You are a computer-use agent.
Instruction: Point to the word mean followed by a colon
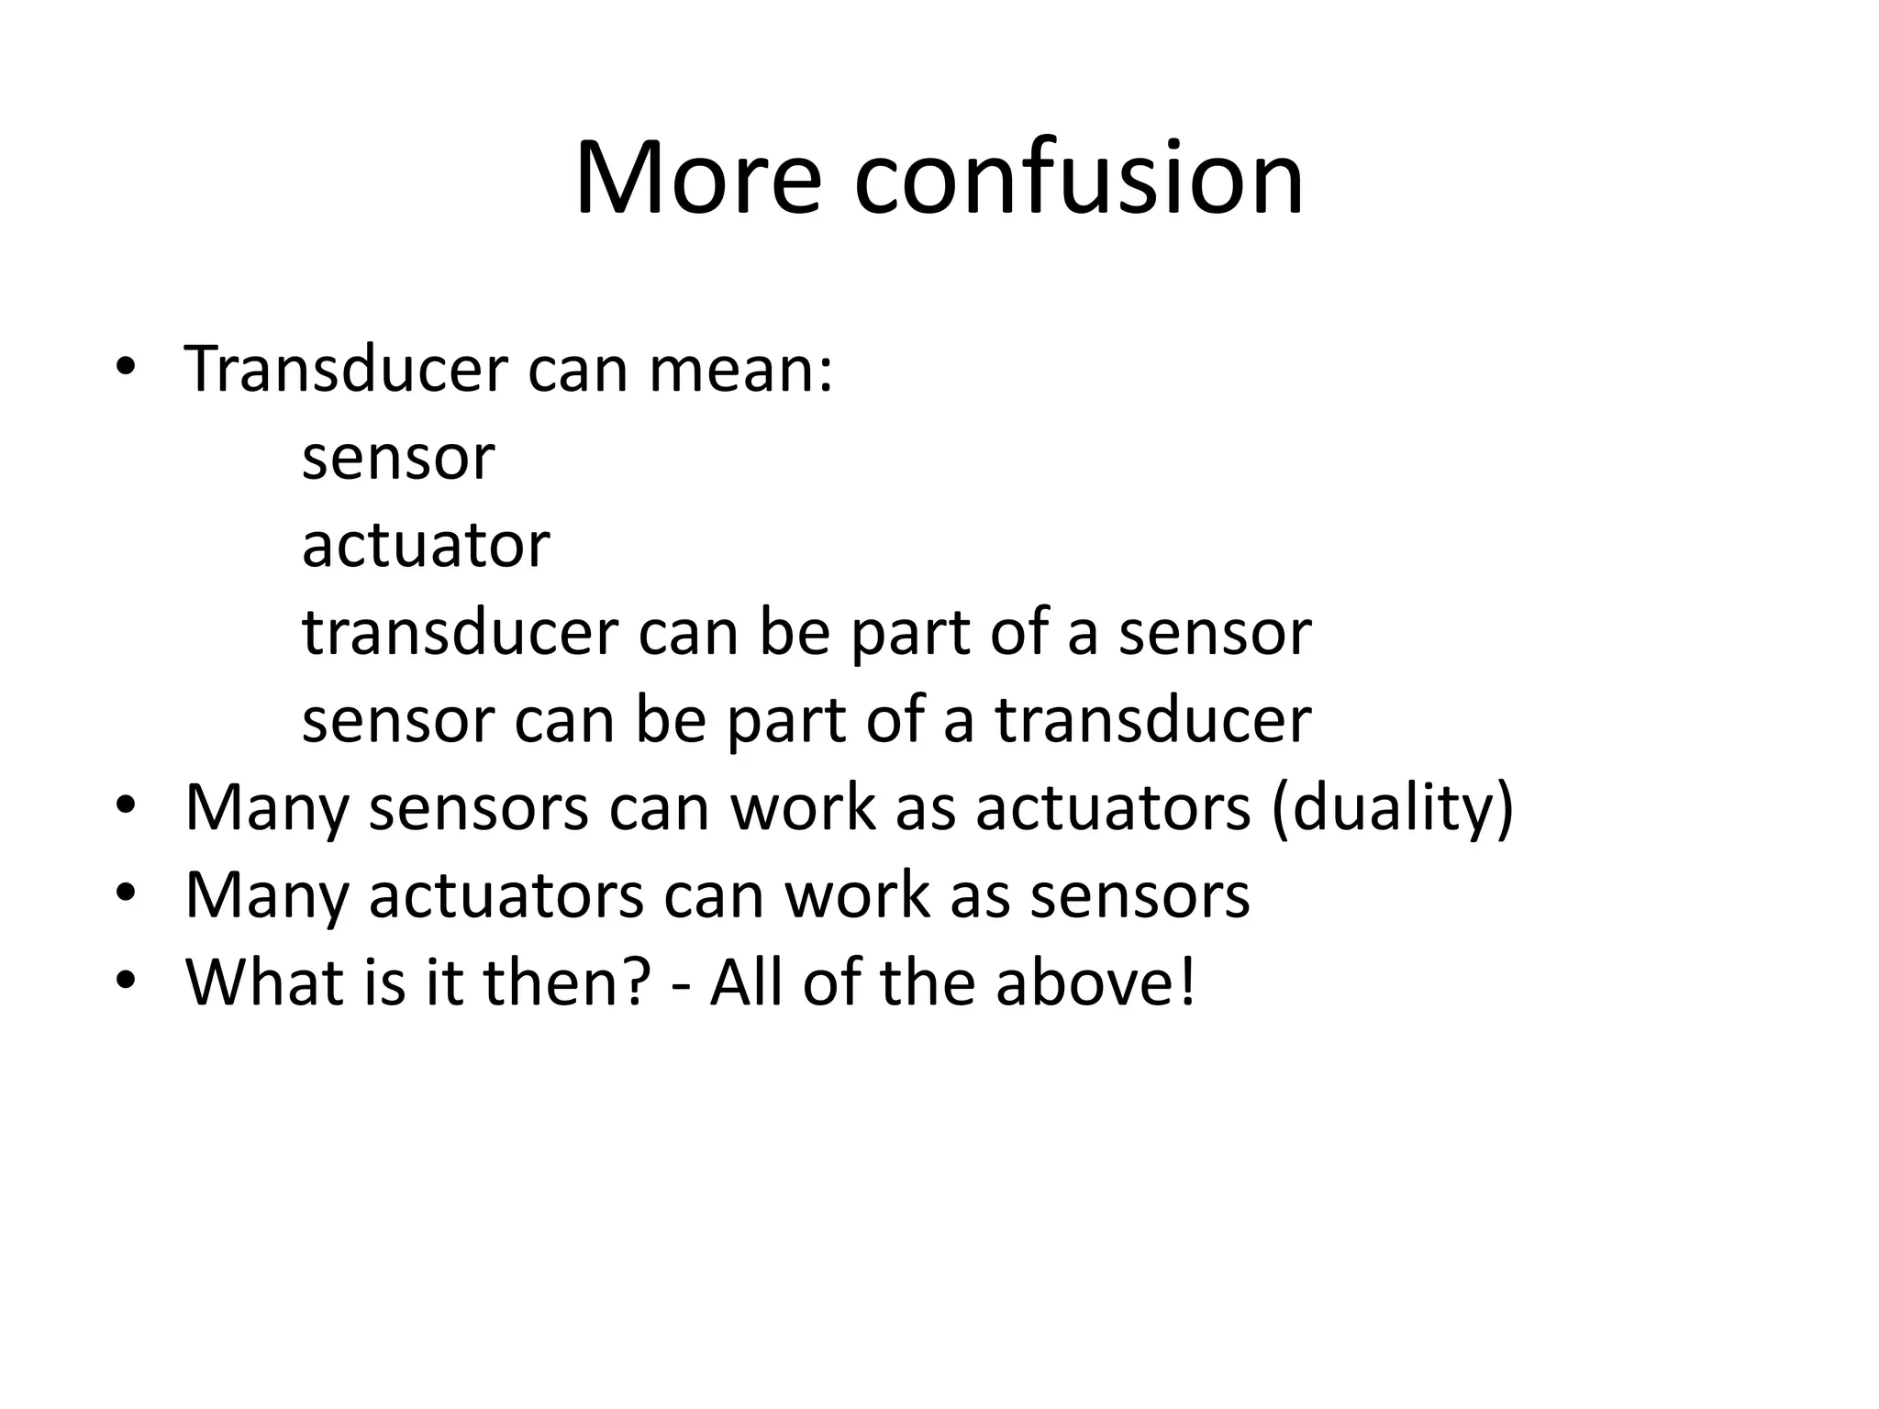coord(741,369)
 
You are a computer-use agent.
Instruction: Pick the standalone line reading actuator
coord(426,544)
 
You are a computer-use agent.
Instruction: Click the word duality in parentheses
coord(1392,807)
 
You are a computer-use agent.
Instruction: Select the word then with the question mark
coord(567,981)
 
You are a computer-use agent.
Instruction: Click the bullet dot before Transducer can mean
coord(126,369)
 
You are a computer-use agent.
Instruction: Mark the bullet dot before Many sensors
coord(126,807)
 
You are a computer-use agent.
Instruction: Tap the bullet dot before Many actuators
coord(126,894)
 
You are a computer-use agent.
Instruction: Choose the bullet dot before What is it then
coord(126,981)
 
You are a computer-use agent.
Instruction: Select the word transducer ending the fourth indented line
coord(1154,720)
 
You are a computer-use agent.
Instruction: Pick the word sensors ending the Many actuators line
coord(1140,894)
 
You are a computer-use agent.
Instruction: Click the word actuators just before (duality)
coord(1113,807)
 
